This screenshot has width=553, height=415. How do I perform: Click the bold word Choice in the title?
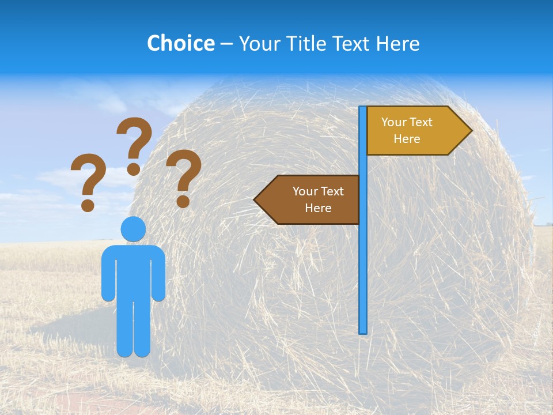click(x=180, y=43)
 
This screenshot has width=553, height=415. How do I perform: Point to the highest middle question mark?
click(x=134, y=141)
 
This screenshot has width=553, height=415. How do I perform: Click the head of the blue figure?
click(x=133, y=229)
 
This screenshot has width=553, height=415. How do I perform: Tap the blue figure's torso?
click(x=133, y=271)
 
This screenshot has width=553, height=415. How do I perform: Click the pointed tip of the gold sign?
click(x=470, y=130)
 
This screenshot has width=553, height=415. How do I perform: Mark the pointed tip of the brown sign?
click(x=256, y=199)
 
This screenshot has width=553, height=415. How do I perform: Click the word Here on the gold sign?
click(x=407, y=139)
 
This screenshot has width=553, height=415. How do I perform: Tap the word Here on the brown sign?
click(x=318, y=208)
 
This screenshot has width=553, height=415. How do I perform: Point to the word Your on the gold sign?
click(x=394, y=122)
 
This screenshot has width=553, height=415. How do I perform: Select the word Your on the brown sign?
click(x=305, y=191)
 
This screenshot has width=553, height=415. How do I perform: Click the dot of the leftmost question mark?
click(x=88, y=205)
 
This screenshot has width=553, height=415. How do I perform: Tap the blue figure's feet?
click(x=133, y=350)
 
